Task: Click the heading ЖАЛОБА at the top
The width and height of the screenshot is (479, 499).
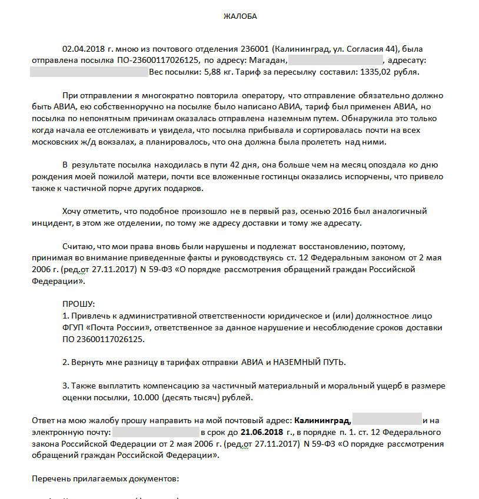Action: [240, 16]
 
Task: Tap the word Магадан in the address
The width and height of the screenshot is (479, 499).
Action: [268, 61]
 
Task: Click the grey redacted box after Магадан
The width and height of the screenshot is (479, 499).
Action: [336, 61]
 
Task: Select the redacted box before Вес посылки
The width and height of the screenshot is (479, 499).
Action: [88, 72]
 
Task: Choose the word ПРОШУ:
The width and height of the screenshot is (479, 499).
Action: [78, 304]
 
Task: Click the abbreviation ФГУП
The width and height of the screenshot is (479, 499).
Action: [73, 327]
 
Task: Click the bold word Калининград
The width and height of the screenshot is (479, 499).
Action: [322, 421]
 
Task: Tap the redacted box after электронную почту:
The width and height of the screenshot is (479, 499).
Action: [156, 433]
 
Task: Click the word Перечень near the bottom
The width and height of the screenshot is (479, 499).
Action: [49, 478]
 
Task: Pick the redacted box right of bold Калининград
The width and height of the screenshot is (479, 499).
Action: [388, 421]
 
